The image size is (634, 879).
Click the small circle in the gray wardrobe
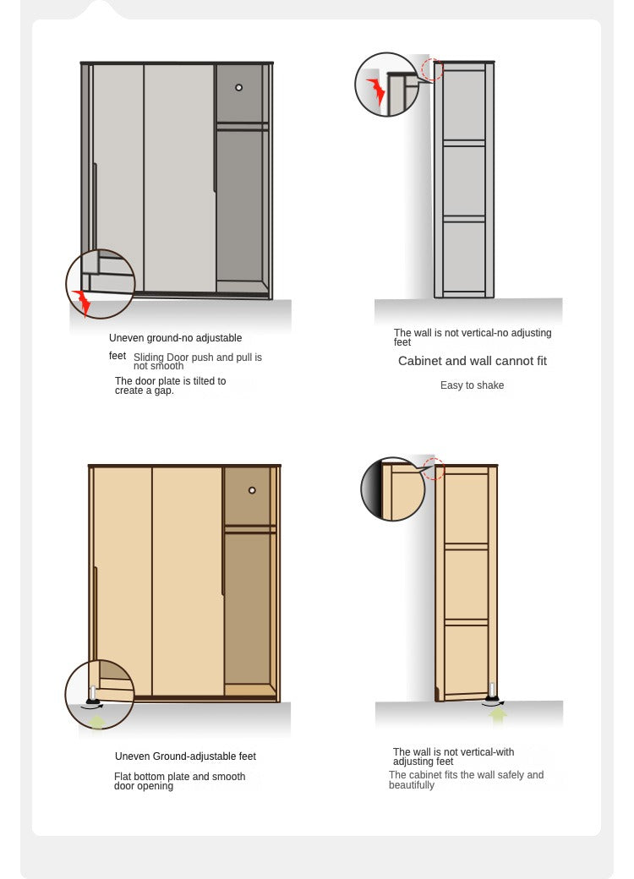238,87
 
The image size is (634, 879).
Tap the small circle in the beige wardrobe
252,490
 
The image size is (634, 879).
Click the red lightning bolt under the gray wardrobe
82,303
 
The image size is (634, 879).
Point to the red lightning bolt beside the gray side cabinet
376,90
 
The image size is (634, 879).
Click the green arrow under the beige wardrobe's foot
97,720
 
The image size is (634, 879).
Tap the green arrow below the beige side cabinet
497,715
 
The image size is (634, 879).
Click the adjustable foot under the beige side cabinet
492,693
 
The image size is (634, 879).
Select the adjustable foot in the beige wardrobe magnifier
92,695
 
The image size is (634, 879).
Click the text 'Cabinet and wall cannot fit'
472,361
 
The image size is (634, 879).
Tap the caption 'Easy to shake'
472,385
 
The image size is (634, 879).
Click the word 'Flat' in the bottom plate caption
123,777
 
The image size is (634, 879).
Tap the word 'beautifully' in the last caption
412,785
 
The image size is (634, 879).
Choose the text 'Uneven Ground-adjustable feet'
185,756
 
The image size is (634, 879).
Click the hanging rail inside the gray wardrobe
242,127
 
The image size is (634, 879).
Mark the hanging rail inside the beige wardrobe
250,528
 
